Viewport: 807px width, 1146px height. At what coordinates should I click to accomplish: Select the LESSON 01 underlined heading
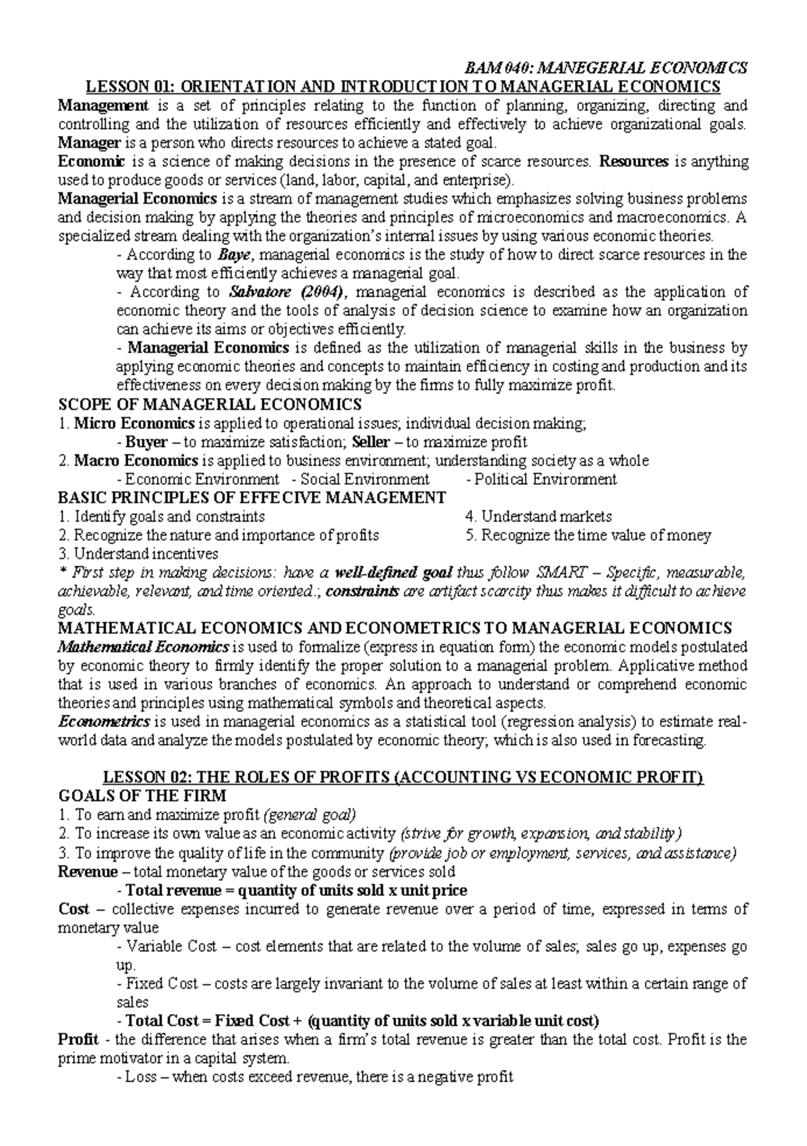coord(401,87)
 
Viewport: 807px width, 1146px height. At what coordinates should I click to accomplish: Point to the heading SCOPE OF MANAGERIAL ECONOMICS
coord(210,405)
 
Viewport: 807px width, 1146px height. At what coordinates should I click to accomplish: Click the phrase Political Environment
coord(545,480)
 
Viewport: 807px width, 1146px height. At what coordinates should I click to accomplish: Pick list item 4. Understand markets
coord(538,517)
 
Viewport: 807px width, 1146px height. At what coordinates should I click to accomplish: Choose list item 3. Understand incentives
coord(138,554)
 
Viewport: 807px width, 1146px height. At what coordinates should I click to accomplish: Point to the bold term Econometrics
coord(104,722)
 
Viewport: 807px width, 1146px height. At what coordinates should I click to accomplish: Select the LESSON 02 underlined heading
coord(402,778)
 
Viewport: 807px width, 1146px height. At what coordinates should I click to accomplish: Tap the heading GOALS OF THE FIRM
coord(143,797)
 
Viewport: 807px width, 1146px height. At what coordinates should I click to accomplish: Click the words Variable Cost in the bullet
coord(171,947)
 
